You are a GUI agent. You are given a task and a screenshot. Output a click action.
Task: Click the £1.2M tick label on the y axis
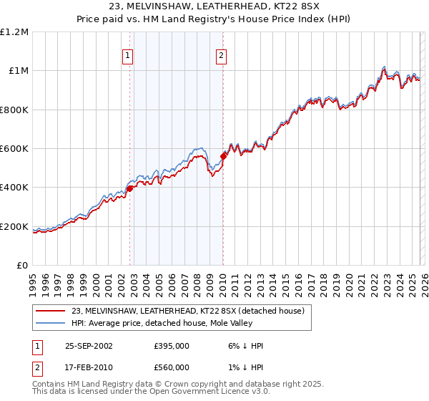pos(15,32)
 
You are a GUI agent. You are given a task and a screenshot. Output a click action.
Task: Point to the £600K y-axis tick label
pos(14,149)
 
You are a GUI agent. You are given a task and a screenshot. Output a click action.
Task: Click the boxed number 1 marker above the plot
pos(127,55)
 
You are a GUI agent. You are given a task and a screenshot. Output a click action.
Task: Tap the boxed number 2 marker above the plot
pos(222,55)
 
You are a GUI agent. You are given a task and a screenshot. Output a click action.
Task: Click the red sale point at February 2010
pos(224,155)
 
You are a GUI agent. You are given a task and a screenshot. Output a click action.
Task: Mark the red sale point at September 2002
pos(130,188)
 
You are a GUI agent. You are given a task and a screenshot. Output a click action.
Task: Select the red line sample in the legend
pos(51,311)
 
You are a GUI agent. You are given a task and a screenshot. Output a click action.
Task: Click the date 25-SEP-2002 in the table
pos(89,346)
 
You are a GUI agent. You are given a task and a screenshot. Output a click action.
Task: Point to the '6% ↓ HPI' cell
pos(245,346)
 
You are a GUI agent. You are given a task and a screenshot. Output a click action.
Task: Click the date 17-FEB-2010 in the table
pos(89,367)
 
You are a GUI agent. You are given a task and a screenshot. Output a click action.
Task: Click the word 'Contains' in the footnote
pos(49,385)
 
